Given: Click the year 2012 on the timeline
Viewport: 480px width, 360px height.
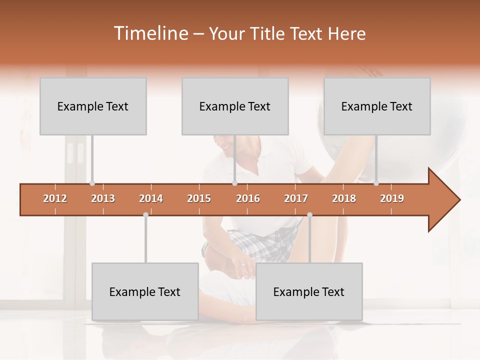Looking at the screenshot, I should click(55, 198).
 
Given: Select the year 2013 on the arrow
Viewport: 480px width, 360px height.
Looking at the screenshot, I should click(103, 198).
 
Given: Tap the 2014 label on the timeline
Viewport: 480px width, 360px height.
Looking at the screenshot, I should click(151, 198).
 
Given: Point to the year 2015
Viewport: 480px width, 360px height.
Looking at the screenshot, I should click(199, 198).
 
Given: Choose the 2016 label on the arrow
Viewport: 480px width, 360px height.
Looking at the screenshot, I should click(248, 198).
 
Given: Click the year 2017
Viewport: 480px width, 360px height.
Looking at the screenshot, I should click(296, 198).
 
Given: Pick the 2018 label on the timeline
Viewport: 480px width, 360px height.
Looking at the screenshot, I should click(344, 198).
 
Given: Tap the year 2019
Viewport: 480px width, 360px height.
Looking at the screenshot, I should click(392, 198).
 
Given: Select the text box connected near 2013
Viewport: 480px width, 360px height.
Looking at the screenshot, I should click(93, 106).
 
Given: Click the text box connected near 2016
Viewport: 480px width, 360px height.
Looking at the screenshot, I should click(235, 106).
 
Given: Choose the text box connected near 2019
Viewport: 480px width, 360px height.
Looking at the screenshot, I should click(377, 106).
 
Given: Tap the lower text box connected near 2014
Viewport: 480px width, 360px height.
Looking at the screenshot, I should click(145, 292).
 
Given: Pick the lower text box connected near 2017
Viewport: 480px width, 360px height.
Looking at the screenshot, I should click(309, 292).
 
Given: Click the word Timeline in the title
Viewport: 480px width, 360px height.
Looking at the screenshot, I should click(150, 33).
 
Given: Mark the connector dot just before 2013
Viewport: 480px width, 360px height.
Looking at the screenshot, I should click(92, 183).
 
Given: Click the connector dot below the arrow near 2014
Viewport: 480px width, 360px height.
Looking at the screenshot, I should click(145, 214).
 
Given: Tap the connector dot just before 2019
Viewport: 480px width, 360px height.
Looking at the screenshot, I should click(376, 183).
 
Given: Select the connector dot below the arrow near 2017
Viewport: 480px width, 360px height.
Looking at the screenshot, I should click(309, 214).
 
